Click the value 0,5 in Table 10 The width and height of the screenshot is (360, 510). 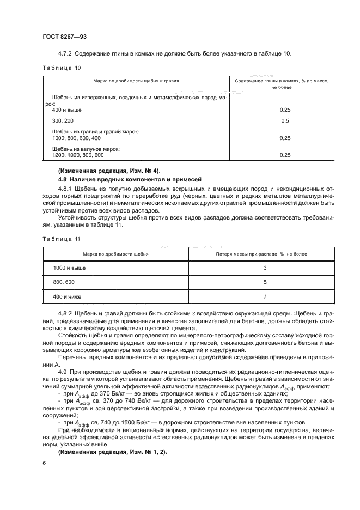pyautogui.click(x=284, y=120)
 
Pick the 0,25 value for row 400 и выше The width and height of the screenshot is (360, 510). pyautogui.click(x=284, y=110)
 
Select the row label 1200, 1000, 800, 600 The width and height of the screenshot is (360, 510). pyautogui.click(x=78, y=155)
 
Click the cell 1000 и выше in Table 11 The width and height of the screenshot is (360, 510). pyautogui.click(x=69, y=269)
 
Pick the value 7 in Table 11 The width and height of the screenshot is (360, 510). pyautogui.click(x=264, y=297)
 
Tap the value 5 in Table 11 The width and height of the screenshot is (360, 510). pyautogui.click(x=264, y=283)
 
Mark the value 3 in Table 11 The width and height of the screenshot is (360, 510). pyautogui.click(x=264, y=269)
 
